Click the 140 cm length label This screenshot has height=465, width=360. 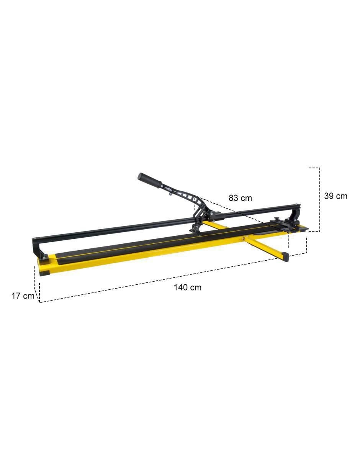coord(187,287)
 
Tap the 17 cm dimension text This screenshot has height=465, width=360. coord(23,296)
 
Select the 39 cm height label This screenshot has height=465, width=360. coord(335,196)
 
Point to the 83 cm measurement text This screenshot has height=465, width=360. coord(240,198)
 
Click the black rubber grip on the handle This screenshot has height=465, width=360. coord(150,180)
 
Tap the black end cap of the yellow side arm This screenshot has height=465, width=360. coord(286,256)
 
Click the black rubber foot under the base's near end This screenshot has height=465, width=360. coord(44,273)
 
